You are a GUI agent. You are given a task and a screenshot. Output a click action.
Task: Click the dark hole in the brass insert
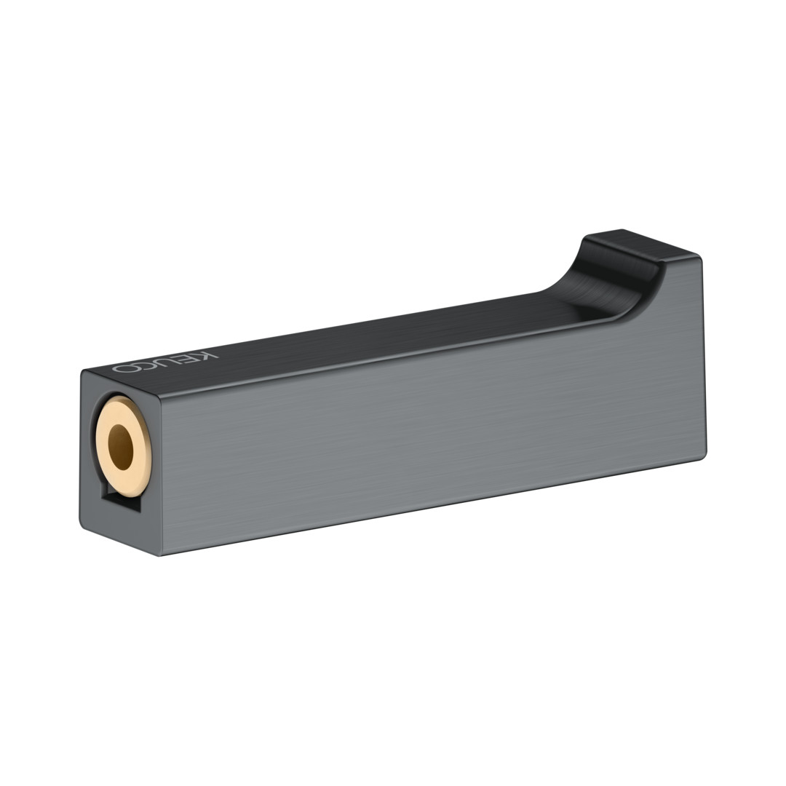point(121,447)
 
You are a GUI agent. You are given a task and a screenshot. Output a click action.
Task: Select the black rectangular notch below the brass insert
point(120,501)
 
